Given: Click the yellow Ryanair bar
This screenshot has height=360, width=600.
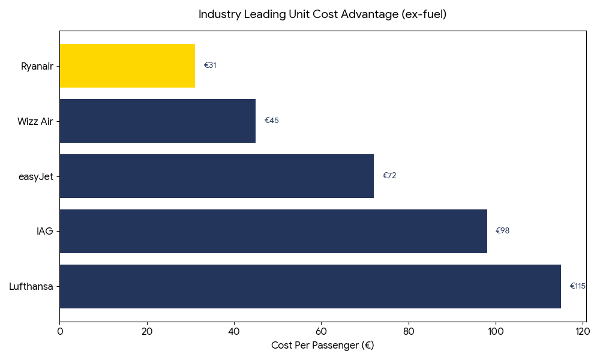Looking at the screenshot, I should point(127,65).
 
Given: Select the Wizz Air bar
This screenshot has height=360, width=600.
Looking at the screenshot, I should point(157,121).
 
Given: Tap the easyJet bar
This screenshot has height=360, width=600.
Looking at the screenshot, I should point(216,176).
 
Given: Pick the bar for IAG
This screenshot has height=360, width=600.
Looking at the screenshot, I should point(273,231).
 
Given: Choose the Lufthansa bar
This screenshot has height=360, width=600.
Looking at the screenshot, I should point(310,286).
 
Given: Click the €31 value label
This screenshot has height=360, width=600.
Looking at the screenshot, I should point(210,65).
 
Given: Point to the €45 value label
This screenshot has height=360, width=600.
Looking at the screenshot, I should point(272,121).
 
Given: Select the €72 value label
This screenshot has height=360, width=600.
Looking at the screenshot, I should point(389,176).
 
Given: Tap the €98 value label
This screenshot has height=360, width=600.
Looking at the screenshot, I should point(502,231).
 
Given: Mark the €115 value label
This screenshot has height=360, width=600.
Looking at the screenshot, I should point(577,286).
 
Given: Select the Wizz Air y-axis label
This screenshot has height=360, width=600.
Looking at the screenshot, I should point(35,121).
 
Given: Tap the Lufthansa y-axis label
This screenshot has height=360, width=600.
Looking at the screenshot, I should point(31,287).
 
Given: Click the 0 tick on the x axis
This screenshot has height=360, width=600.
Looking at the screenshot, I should point(59,331).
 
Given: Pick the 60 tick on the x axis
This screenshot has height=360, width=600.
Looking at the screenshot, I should point(321,331).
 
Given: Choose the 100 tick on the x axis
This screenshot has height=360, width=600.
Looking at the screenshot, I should point(496,331).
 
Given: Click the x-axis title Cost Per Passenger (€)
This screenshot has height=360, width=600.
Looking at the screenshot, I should point(322,346).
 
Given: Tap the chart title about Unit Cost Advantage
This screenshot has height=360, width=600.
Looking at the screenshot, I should point(322,14).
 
